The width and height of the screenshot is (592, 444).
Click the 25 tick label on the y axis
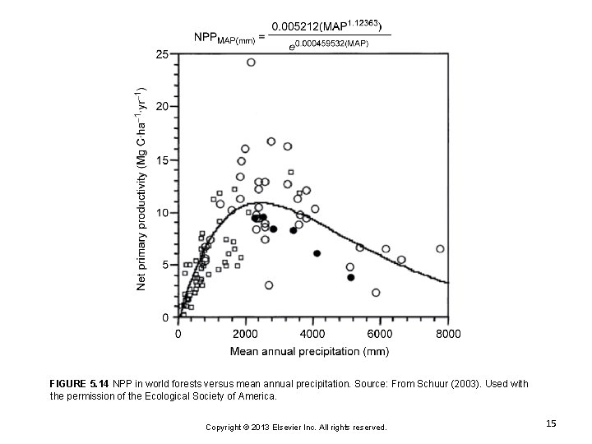[x=162, y=54]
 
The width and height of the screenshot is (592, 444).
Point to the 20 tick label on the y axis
[x=162, y=107]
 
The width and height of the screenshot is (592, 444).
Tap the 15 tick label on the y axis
[x=162, y=160]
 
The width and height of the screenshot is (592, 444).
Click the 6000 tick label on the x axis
[x=381, y=334]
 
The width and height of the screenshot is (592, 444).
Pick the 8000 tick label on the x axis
[x=448, y=334]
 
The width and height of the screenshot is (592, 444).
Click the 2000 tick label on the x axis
[x=246, y=334]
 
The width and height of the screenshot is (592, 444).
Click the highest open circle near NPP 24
[x=251, y=62]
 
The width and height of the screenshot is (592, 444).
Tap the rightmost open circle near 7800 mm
[x=440, y=248]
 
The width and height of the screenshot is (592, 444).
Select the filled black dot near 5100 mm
[x=351, y=278]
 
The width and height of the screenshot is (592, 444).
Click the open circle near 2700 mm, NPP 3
[x=269, y=285]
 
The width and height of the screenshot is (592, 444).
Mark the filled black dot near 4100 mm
[x=317, y=253]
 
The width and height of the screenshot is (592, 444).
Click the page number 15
[x=551, y=423]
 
